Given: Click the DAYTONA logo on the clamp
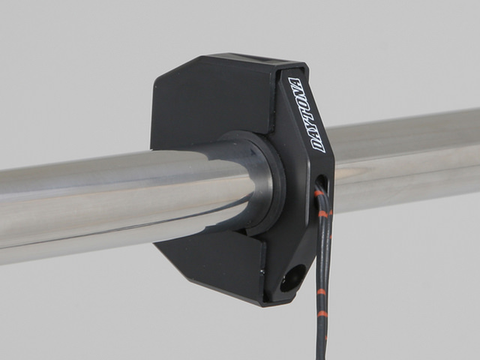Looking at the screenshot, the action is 306,115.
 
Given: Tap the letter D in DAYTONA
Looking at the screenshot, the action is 318,145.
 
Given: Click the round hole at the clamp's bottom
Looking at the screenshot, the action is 292,278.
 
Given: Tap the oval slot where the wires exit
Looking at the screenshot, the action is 321,183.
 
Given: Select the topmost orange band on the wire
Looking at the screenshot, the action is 319,193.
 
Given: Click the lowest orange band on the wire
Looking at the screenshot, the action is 322,313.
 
